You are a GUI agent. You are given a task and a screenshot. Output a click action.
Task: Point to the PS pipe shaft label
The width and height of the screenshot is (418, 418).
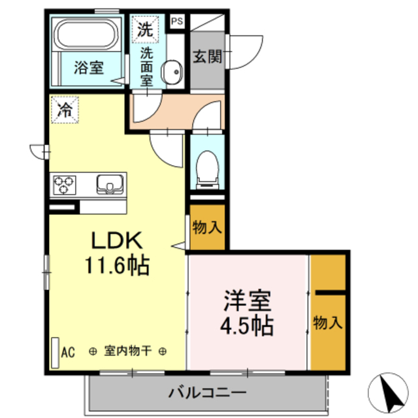pyautogui.click(x=177, y=22)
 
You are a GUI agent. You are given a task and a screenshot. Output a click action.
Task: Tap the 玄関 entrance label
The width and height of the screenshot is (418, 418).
pyautogui.click(x=207, y=57)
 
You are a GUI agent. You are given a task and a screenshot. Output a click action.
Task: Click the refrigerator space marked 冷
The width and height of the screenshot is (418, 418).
pyautogui.click(x=65, y=108)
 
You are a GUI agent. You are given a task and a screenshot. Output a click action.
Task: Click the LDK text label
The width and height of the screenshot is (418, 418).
pyautogui.click(x=116, y=240)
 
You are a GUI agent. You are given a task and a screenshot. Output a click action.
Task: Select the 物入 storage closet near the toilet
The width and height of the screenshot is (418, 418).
pyautogui.click(x=208, y=227)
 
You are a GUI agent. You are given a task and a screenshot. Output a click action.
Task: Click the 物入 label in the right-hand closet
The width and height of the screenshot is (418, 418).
pyautogui.click(x=327, y=323)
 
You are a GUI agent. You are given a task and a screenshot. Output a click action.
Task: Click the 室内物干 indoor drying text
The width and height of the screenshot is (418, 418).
pyautogui.click(x=128, y=351)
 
